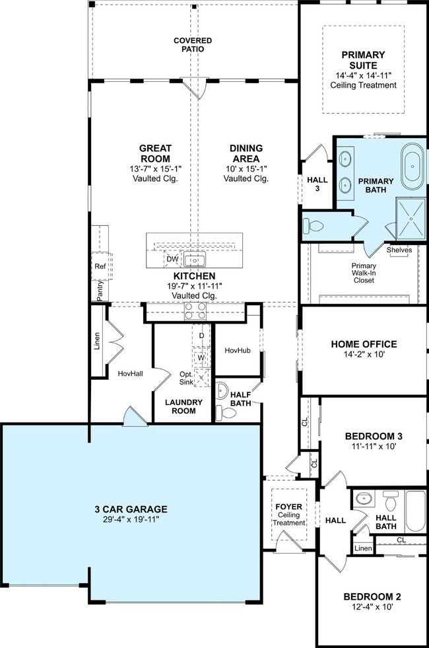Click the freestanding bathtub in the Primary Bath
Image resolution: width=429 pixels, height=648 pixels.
tap(413, 166)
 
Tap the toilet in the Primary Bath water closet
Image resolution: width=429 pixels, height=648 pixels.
tap(313, 226)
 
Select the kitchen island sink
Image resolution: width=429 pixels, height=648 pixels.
tap(195, 260)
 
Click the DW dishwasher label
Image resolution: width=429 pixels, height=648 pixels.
tap(173, 259)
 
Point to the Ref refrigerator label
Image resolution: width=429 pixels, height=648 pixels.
tap(100, 267)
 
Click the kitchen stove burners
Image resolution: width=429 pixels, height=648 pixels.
tap(195, 310)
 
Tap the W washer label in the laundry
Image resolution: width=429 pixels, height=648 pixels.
tap(201, 357)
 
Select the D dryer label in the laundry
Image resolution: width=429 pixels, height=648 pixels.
tap(201, 336)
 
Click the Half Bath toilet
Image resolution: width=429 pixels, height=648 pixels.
tap(226, 413)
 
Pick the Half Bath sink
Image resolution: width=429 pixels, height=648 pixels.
tap(222, 390)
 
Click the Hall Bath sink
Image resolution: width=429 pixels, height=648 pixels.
tap(363, 499)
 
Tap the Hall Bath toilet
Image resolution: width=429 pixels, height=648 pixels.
tap(390, 501)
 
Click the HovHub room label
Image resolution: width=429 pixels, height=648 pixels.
tap(238, 351)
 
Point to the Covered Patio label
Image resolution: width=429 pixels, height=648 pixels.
tap(193, 45)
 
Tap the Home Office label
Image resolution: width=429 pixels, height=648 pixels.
tap(364, 344)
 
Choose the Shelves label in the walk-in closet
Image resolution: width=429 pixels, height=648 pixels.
tap(399, 250)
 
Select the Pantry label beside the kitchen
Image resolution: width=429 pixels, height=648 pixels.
tap(100, 291)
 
